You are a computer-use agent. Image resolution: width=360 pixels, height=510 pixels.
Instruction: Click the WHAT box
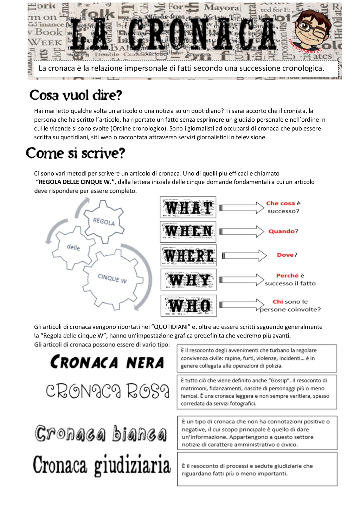click(188, 208)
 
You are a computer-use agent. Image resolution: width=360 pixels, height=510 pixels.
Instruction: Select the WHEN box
click(188, 231)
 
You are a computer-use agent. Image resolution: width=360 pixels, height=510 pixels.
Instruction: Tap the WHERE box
click(189, 255)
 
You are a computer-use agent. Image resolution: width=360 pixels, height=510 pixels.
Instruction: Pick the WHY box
click(189, 280)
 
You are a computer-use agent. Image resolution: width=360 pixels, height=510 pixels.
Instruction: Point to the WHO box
click(189, 305)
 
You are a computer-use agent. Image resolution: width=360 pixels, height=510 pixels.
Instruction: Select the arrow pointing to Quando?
click(242, 231)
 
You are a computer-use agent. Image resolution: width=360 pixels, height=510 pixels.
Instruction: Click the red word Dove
click(285, 255)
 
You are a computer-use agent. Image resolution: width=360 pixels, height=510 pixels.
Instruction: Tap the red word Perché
click(287, 276)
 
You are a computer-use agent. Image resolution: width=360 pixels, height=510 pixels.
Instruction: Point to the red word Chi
click(278, 302)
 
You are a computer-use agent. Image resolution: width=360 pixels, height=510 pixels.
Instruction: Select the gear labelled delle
click(73, 248)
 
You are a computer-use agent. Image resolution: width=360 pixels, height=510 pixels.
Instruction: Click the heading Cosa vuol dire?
click(76, 95)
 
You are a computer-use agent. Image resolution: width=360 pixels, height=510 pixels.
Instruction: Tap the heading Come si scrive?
click(76, 153)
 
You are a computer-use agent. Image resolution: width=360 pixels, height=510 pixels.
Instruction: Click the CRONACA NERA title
click(107, 362)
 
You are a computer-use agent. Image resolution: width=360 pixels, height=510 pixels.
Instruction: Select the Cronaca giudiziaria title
click(102, 465)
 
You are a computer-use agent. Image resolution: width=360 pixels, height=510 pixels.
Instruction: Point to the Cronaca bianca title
click(101, 434)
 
